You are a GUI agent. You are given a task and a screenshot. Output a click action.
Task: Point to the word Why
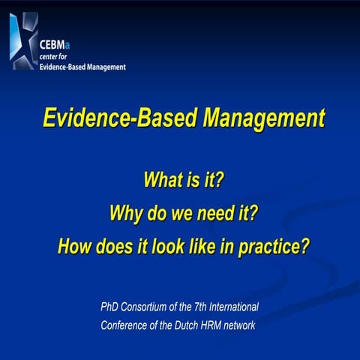pyautogui.click(x=124, y=213)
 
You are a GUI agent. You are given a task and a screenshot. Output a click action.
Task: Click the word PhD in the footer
pyautogui.click(x=110, y=307)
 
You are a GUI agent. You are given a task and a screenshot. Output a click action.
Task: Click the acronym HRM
pyautogui.click(x=217, y=325)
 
